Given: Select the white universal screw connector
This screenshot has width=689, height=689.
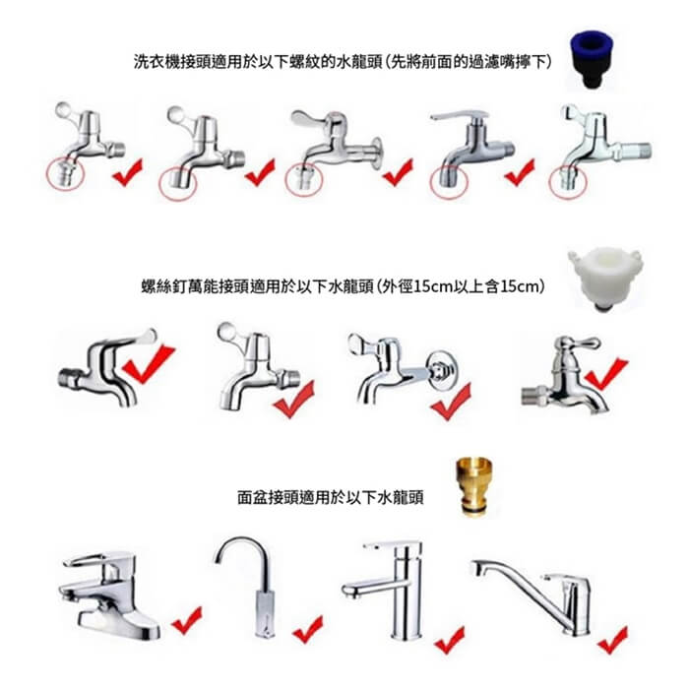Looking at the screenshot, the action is tap(605, 279).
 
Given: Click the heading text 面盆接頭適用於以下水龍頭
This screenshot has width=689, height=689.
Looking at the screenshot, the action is tap(331, 497).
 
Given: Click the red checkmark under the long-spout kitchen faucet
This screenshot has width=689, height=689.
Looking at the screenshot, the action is tap(613, 640).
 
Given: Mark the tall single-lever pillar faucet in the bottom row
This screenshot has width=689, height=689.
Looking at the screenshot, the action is tap(387, 590).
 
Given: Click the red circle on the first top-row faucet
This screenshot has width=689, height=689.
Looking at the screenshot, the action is tap(65, 175).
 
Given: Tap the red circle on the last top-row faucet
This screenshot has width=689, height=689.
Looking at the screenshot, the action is tap(568, 182).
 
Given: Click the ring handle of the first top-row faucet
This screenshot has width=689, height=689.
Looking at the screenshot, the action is tap(63, 109).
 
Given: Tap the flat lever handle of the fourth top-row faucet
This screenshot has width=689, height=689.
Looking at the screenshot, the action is tap(460, 115).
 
